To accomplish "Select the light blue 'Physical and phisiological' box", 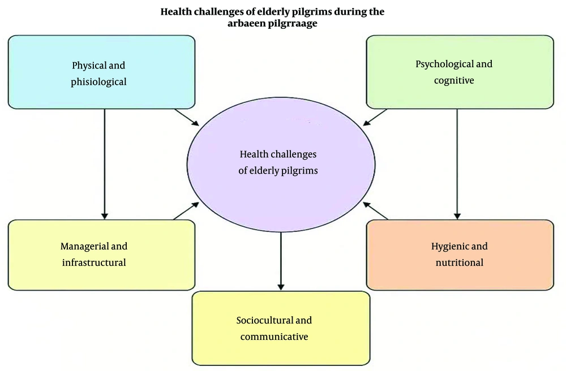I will pyautogui.click(x=101, y=72).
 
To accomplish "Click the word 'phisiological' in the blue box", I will pyautogui.click(x=98, y=81).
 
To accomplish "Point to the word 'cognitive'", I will pyautogui.click(x=454, y=80).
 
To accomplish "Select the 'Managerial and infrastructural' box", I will pyautogui.click(x=101, y=255).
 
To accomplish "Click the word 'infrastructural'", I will pyautogui.click(x=94, y=262).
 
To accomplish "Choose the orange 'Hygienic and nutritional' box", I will pyautogui.click(x=460, y=255).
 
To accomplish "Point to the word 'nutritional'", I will pyautogui.click(x=459, y=262).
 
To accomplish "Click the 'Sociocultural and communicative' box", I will pyautogui.click(x=281, y=328).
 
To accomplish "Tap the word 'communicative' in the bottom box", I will pyautogui.click(x=274, y=337).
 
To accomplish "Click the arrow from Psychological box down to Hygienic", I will pyautogui.click(x=457, y=164).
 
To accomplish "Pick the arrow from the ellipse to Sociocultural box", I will pyautogui.click(x=281, y=260).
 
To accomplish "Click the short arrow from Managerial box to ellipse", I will pyautogui.click(x=186, y=210).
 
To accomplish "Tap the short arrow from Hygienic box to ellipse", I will pyautogui.click(x=376, y=210).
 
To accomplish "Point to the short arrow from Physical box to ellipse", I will pyautogui.click(x=186, y=118).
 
